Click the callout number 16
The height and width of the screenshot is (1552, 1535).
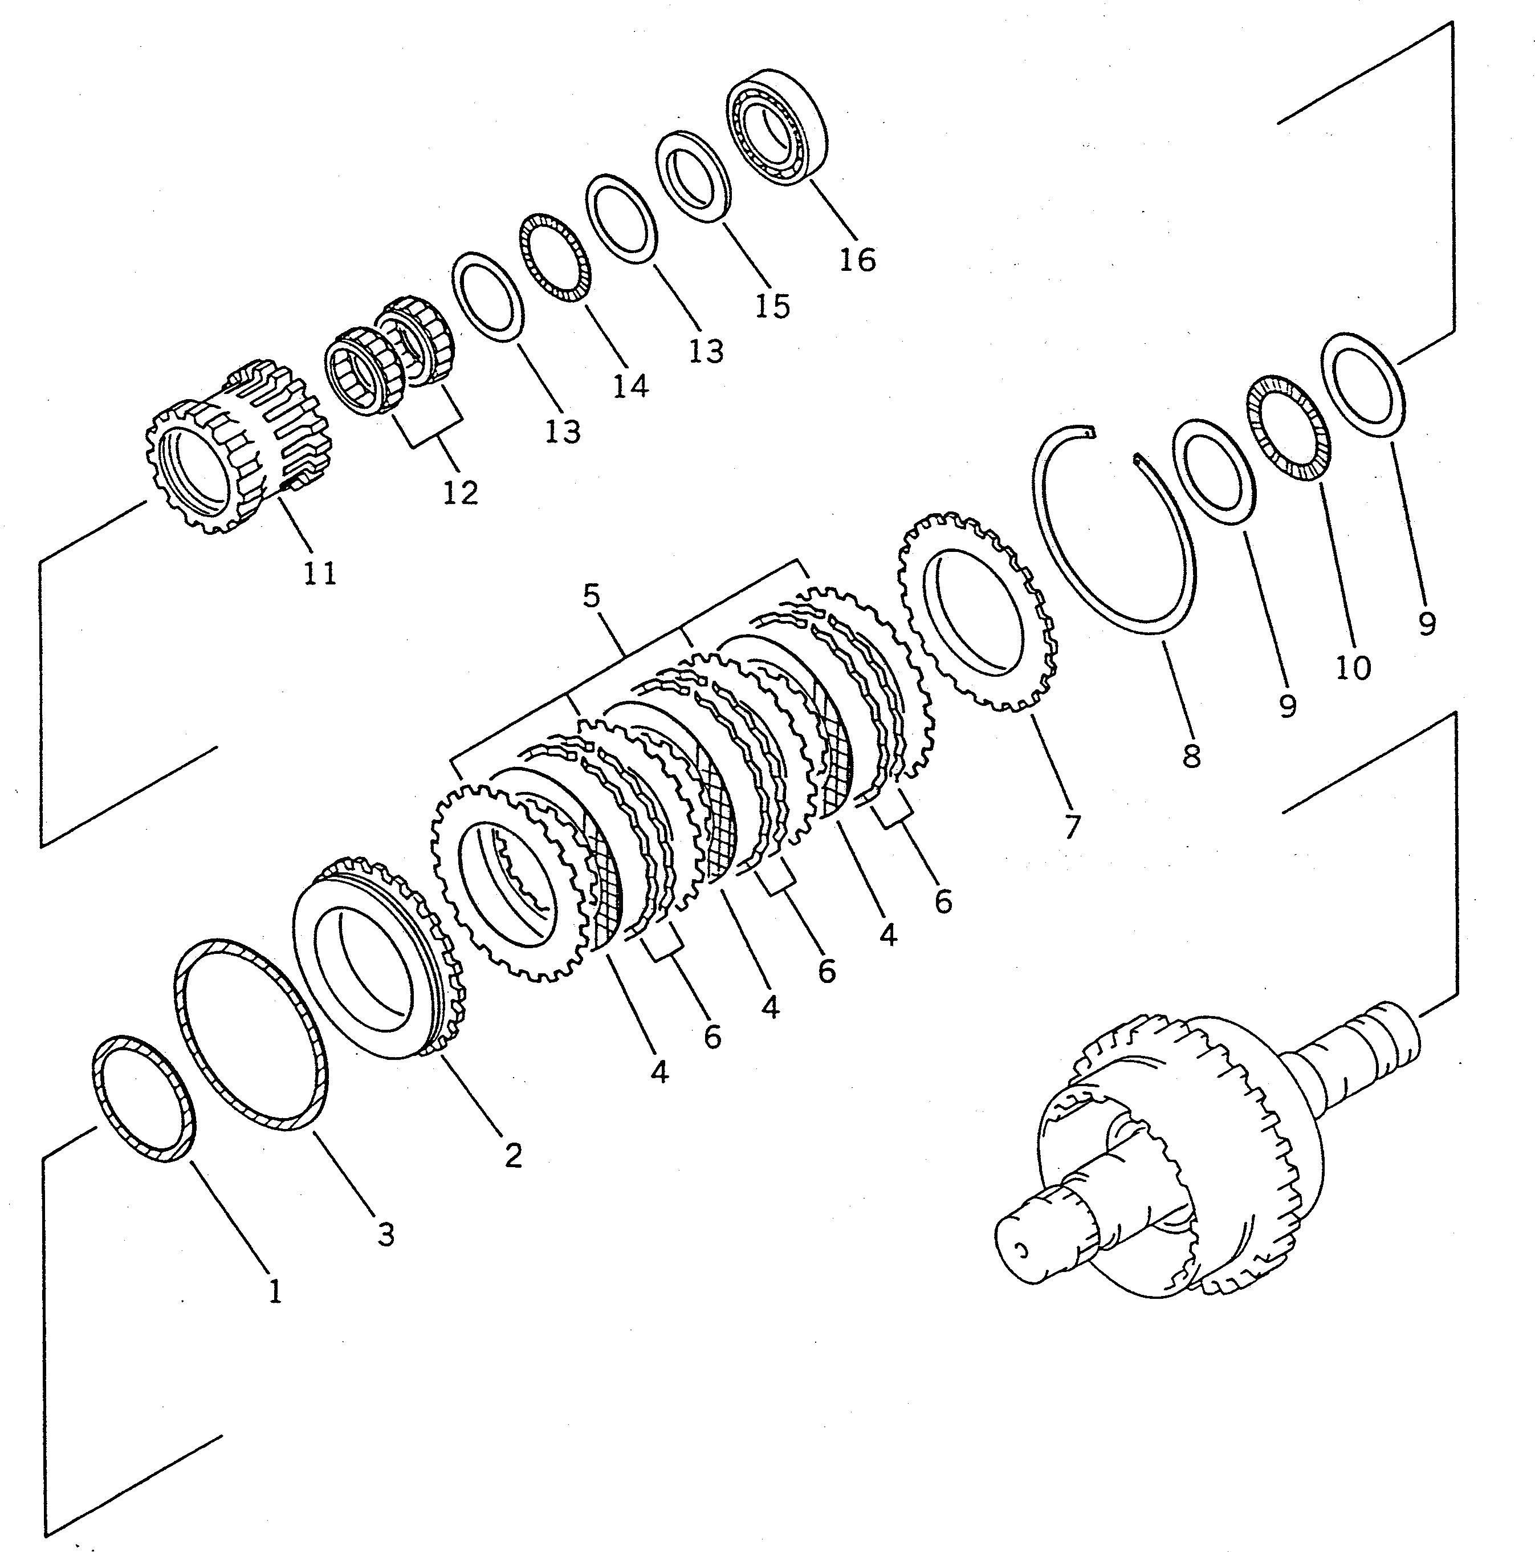[857, 259]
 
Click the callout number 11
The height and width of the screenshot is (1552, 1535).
[320, 573]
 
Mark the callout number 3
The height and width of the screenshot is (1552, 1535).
[386, 1234]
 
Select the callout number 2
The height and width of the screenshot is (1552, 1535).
[513, 1155]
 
